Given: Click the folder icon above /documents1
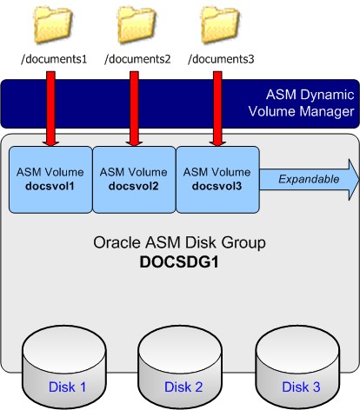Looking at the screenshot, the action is point(52,25).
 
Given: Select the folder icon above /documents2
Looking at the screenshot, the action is point(137,25).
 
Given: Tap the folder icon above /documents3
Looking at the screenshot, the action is point(220,25).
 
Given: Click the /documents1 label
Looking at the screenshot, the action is point(54,59).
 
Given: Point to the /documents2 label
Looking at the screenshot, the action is point(137,59).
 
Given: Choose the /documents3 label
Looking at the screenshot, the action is point(221,59).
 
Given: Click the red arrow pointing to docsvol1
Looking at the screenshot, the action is point(50,109).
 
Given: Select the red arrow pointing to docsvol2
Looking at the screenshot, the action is point(134,109).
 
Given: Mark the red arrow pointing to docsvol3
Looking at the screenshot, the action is point(217,109).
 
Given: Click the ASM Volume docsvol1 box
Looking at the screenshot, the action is point(50,180).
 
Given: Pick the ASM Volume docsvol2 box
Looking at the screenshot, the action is point(134,180).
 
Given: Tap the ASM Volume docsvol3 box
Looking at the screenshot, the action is point(217,180).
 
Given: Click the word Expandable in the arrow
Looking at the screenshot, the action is point(309,179).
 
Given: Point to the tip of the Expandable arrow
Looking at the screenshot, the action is point(359,180).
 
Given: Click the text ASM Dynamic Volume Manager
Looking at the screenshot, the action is point(302,103).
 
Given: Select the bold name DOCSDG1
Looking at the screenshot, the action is point(179,262).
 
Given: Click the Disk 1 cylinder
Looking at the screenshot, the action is point(64,367).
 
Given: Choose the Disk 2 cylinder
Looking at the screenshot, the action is point(180,367).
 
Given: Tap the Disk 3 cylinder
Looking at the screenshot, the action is point(297,367).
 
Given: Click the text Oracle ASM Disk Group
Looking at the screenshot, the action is point(179,242).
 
